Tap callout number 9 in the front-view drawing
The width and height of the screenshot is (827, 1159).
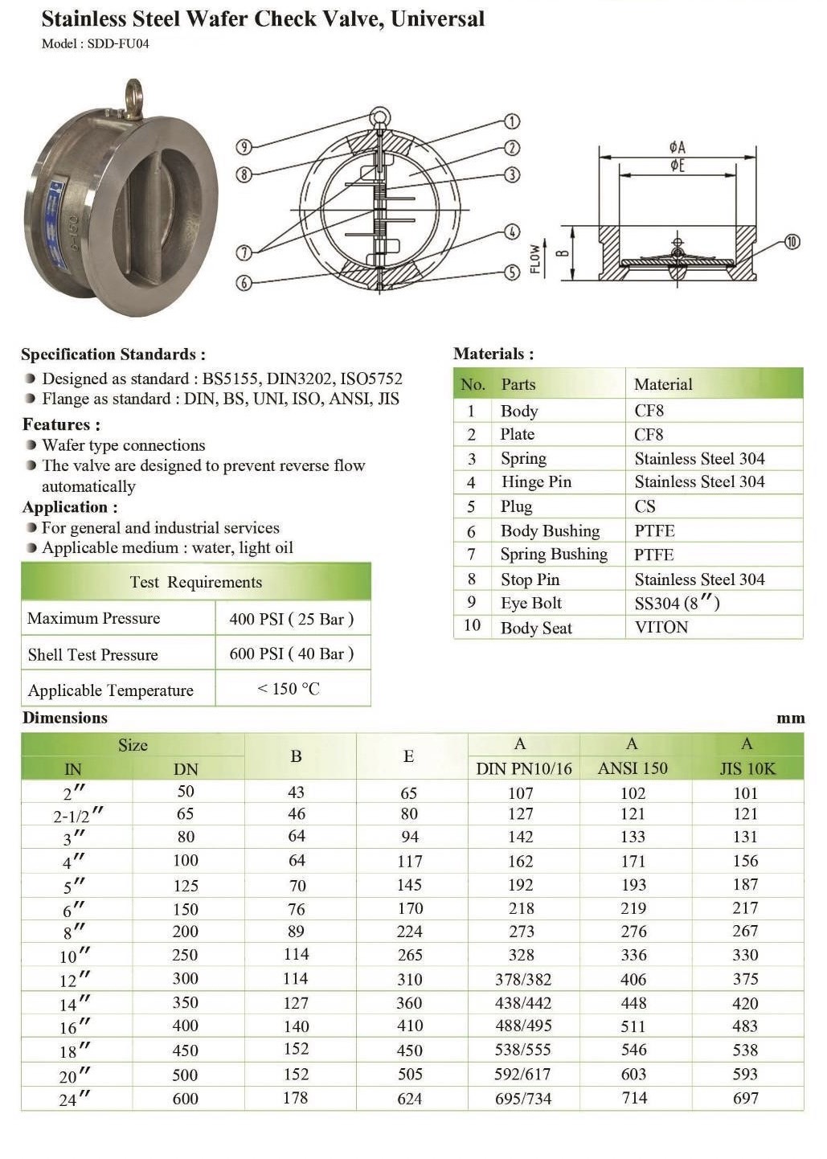(x=244, y=146)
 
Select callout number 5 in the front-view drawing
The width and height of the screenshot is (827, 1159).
(x=512, y=272)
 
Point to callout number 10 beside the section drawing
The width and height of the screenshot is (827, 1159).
(x=792, y=241)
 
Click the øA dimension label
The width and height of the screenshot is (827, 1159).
(x=677, y=147)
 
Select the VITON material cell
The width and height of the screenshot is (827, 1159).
(x=661, y=627)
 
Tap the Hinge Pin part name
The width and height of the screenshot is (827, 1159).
(x=536, y=482)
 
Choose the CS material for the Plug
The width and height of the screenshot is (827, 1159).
(x=645, y=506)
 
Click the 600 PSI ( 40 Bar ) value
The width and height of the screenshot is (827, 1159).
(x=291, y=653)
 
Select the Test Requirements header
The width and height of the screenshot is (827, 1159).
(x=196, y=582)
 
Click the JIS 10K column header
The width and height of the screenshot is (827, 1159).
(x=747, y=768)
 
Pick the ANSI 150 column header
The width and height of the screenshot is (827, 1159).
(x=633, y=768)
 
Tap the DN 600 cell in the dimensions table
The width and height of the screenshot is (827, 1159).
(x=185, y=1098)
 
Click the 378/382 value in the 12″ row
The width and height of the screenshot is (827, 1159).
(x=522, y=980)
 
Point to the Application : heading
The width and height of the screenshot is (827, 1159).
(x=70, y=507)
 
